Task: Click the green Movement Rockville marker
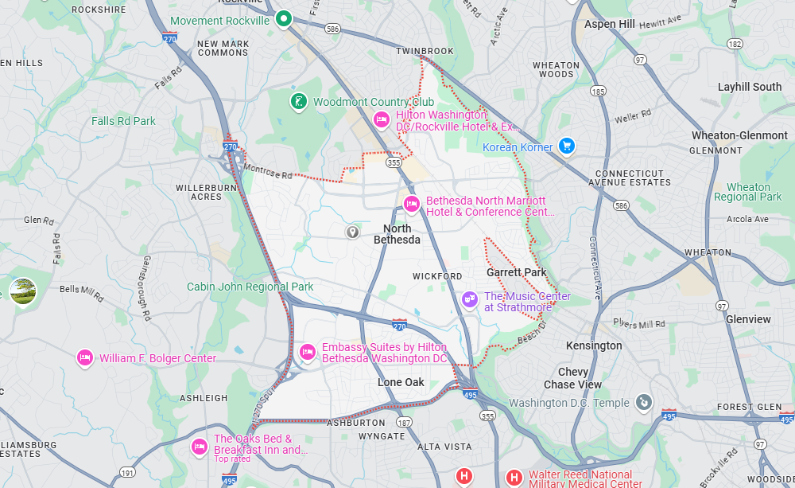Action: pyautogui.click(x=283, y=18)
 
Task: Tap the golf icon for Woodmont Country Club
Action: pyautogui.click(x=297, y=101)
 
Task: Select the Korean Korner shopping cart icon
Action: pyautogui.click(x=566, y=146)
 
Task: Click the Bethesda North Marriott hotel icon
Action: pyautogui.click(x=411, y=204)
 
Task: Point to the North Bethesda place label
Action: pyautogui.click(x=397, y=234)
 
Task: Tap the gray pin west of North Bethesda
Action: pyautogui.click(x=352, y=232)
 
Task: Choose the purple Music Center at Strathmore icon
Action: pyautogui.click(x=470, y=299)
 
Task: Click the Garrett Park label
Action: pyautogui.click(x=516, y=272)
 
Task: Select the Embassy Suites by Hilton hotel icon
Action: pyautogui.click(x=307, y=352)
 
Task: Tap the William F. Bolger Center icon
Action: pyautogui.click(x=85, y=358)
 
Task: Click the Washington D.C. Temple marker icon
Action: pyautogui.click(x=644, y=403)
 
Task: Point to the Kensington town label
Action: pyautogui.click(x=593, y=346)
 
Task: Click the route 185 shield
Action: pyautogui.click(x=599, y=92)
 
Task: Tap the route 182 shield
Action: pyautogui.click(x=734, y=44)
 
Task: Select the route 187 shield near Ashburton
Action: pyautogui.click(x=405, y=422)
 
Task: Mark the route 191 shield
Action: pyautogui.click(x=127, y=473)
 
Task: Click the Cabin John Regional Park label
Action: pyautogui.click(x=250, y=287)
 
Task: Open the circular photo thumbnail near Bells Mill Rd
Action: pyautogui.click(x=22, y=291)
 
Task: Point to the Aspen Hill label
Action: pyautogui.click(x=609, y=24)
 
